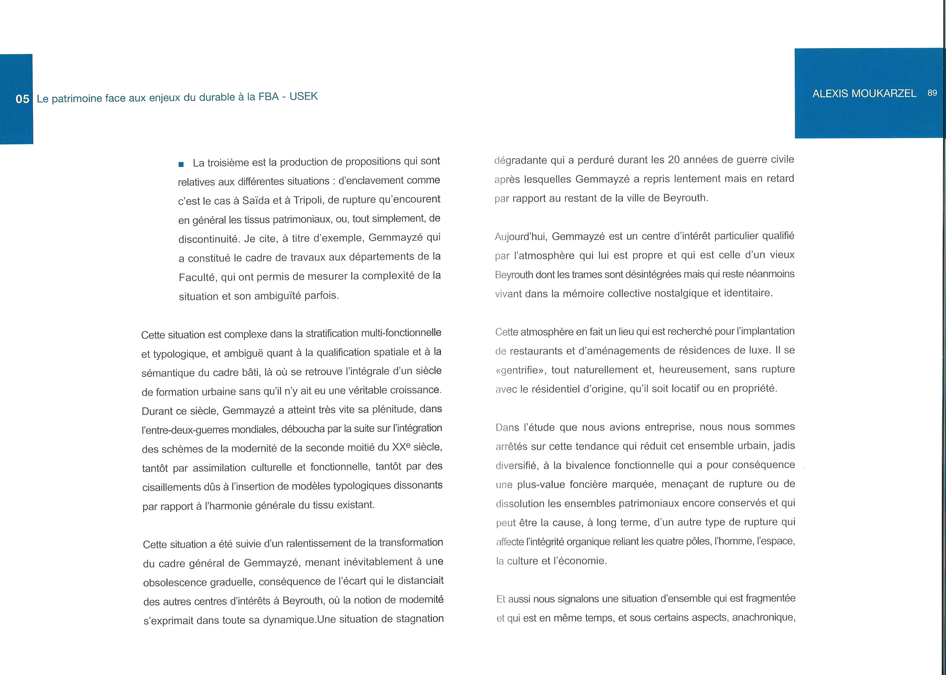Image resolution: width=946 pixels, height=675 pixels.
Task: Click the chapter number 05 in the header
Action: click(23, 99)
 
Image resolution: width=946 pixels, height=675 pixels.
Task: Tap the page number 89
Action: click(932, 93)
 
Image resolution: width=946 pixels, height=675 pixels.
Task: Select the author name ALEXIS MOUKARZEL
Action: click(864, 94)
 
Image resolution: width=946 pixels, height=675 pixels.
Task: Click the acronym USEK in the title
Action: click(303, 96)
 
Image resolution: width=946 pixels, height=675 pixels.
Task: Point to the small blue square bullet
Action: click(181, 164)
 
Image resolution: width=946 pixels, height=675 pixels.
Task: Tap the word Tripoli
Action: click(308, 200)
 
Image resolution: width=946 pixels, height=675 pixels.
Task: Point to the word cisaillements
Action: click(171, 487)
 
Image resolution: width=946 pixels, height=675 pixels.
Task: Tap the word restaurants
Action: click(536, 351)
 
